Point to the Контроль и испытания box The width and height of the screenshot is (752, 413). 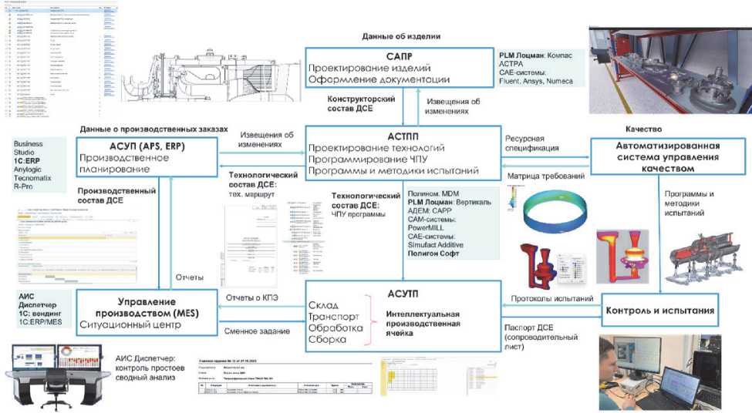pos(662,311)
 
